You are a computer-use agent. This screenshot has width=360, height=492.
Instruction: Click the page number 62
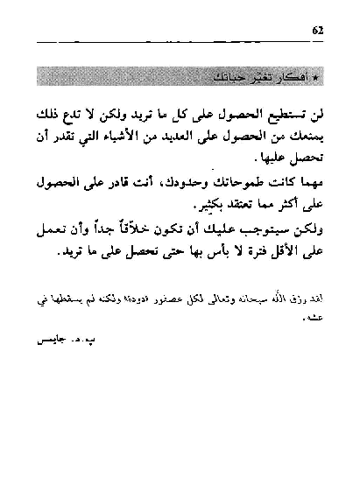click(318, 32)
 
